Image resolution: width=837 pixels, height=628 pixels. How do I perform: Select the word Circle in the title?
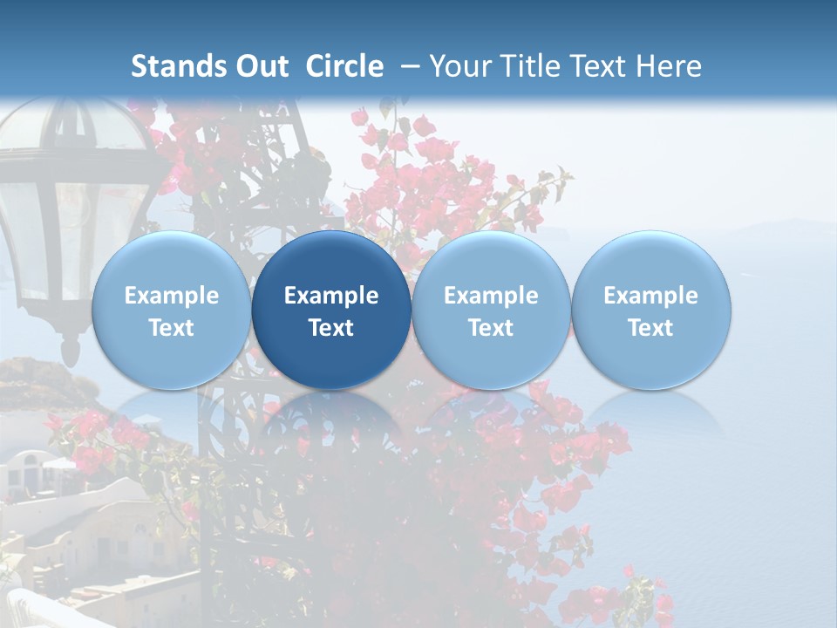click(344, 66)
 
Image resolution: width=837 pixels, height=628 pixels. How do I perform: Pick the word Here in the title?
click(669, 66)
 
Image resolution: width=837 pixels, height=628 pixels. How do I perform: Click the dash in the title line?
click(405, 66)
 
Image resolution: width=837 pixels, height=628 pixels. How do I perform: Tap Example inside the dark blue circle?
click(331, 296)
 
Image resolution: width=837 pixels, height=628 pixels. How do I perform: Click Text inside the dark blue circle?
click(331, 328)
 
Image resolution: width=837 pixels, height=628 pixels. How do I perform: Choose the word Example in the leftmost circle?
click(172, 296)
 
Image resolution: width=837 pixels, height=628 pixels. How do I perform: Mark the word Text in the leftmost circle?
click(172, 328)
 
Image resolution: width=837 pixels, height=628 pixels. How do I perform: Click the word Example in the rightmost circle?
click(651, 296)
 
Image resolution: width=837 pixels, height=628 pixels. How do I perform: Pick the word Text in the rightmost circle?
click(651, 328)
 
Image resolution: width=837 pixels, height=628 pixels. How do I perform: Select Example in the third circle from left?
click(491, 296)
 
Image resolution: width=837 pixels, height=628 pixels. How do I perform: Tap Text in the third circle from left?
click(491, 328)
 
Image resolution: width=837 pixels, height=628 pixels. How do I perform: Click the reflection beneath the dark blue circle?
click(331, 419)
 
